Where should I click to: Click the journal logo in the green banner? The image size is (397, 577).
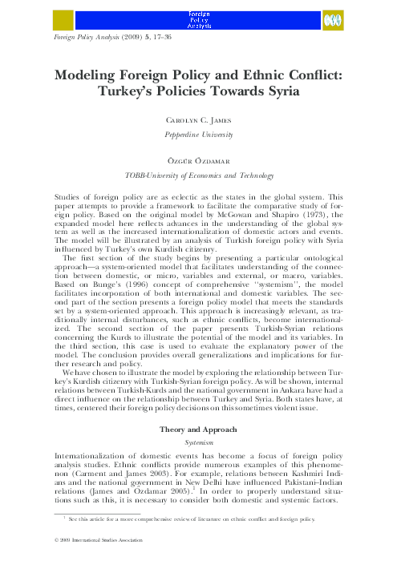pyautogui.click(x=200, y=19)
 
